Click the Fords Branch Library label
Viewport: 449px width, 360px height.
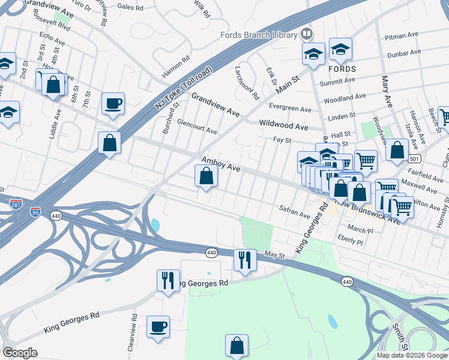pyautogui.click(x=259, y=34)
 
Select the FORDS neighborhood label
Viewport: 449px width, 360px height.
pyautogui.click(x=342, y=69)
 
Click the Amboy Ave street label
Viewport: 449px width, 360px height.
pyautogui.click(x=221, y=164)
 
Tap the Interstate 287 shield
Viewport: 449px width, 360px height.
pyautogui.click(x=17, y=205)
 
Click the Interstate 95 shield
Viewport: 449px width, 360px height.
pyautogui.click(x=36, y=212)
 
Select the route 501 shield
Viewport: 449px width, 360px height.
pyautogui.click(x=415, y=158)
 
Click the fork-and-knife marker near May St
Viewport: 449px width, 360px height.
pyautogui.click(x=245, y=260)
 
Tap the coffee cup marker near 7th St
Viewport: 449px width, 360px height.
pyautogui.click(x=113, y=103)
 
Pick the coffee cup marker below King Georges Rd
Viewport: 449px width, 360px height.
pyautogui.click(x=158, y=327)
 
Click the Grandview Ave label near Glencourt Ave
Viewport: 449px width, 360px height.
pyautogui.click(x=215, y=104)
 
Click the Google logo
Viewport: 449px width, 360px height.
pyautogui.click(x=20, y=353)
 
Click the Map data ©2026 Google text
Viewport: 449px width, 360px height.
pyautogui.click(x=411, y=355)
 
